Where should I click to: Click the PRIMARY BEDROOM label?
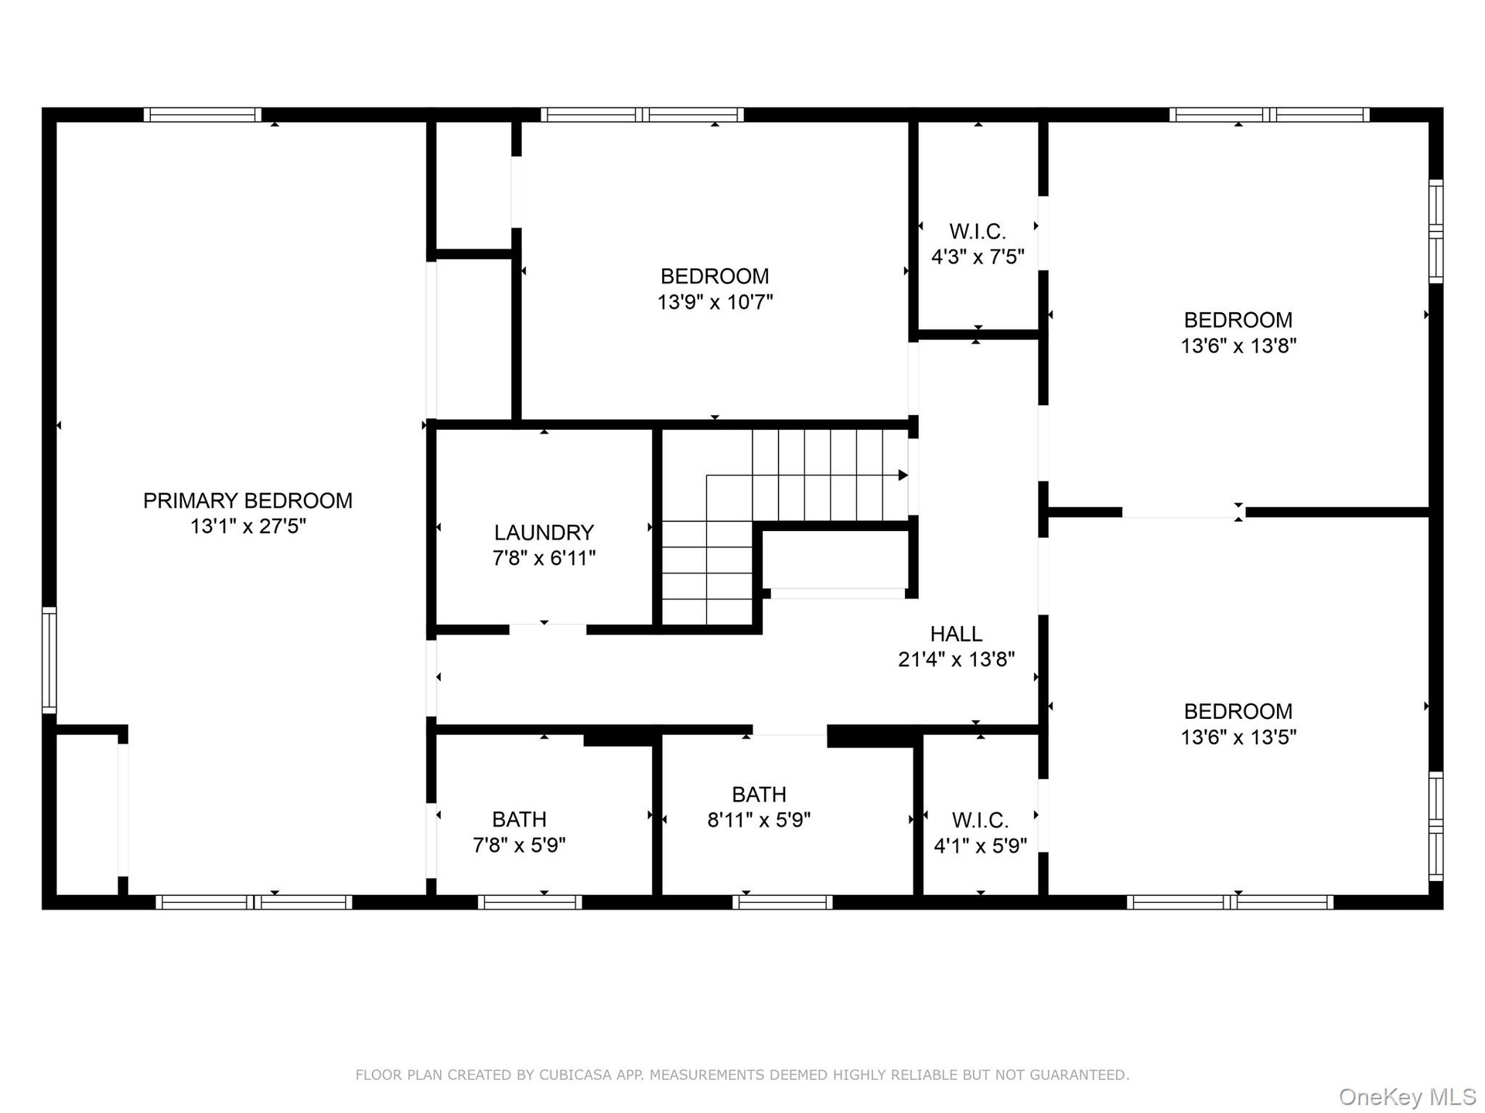(247, 501)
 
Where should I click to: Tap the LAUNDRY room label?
(544, 533)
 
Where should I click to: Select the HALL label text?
(956, 634)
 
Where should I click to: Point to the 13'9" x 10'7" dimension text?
(715, 302)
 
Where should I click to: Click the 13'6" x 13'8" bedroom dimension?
(1237, 345)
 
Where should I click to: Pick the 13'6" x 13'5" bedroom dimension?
(1237, 737)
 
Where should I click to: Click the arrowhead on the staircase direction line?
(903, 475)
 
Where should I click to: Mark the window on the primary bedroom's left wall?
(49, 660)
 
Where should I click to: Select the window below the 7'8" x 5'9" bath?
(530, 902)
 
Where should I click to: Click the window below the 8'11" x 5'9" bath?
(783, 902)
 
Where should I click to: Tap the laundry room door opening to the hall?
(548, 630)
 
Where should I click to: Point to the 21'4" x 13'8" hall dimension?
(956, 659)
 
